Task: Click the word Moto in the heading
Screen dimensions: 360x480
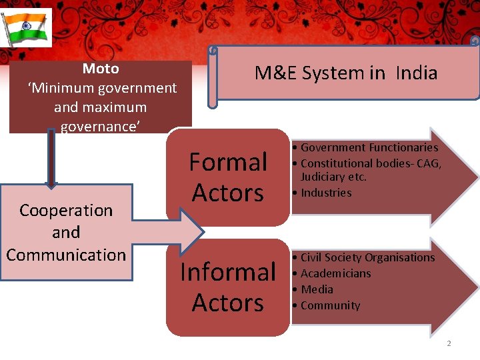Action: pos(101,69)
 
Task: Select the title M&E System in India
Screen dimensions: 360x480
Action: pos(345,73)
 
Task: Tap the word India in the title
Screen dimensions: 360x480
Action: pos(416,73)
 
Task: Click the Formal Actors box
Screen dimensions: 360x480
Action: pos(228,177)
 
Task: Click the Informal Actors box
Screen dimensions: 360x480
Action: pos(228,287)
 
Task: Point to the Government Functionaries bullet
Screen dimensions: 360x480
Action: pos(369,147)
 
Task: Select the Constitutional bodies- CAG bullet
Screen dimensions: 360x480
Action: pos(371,163)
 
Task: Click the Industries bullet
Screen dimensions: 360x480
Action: pos(326,193)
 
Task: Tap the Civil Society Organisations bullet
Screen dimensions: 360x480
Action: pos(367,257)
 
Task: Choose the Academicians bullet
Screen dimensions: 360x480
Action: pos(335,273)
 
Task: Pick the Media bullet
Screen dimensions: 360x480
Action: pos(317,289)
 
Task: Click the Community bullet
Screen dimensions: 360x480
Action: pos(330,305)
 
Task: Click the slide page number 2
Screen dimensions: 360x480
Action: pos(449,343)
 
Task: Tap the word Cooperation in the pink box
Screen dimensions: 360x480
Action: pos(66,211)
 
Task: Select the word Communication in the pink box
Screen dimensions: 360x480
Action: pos(66,255)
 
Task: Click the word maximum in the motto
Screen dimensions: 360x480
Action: pos(120,107)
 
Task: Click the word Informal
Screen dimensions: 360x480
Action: pos(228,272)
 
